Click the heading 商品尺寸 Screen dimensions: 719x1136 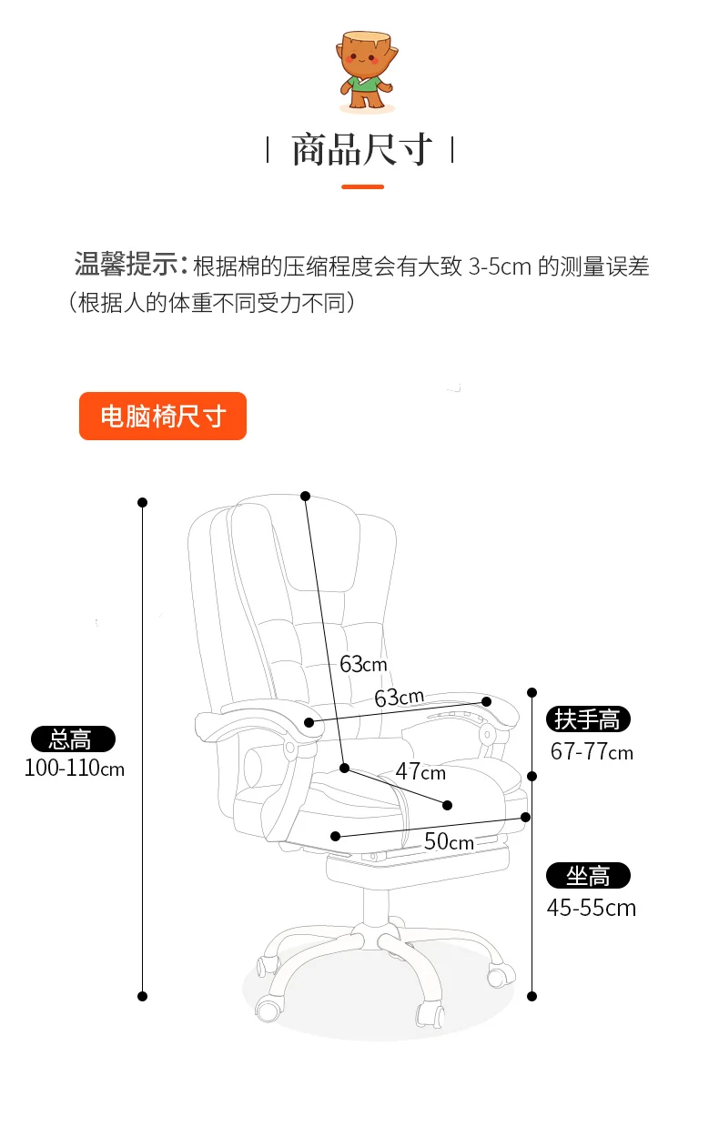[361, 150]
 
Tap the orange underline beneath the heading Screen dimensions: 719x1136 [362, 186]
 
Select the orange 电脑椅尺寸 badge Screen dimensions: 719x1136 [163, 417]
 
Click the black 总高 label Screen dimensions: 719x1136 [73, 739]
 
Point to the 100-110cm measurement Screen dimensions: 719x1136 [75, 769]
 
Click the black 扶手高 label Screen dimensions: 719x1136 [588, 719]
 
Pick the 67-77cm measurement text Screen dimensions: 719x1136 [592, 752]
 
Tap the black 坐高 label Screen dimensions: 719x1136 [588, 876]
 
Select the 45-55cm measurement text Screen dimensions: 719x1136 [592, 908]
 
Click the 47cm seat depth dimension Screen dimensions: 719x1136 [420, 772]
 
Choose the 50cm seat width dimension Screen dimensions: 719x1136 [449, 842]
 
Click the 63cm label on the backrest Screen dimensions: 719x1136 [363, 664]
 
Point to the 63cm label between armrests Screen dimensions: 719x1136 [399, 698]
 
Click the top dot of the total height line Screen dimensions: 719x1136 [143, 502]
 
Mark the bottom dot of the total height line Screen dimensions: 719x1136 [143, 996]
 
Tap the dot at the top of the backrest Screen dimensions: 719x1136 [305, 496]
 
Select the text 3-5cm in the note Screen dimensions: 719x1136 [500, 266]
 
